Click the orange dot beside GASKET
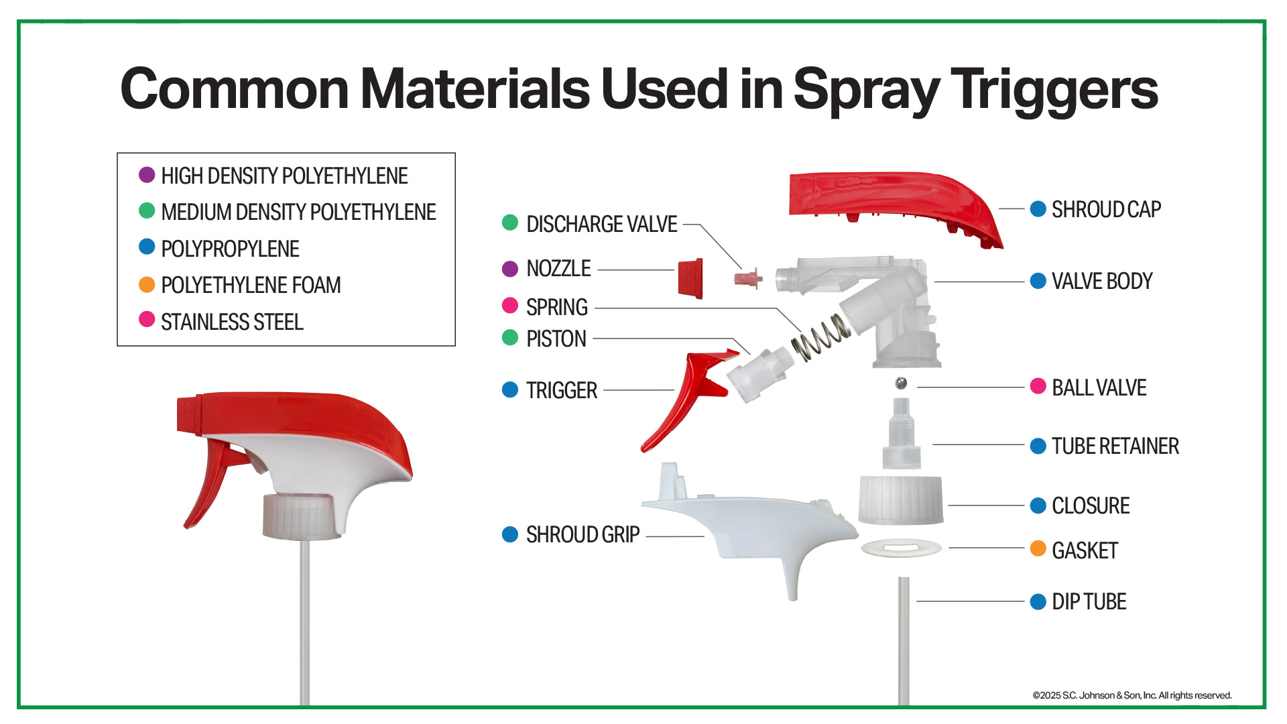(1038, 548)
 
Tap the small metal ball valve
(902, 383)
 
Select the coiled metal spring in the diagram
(821, 337)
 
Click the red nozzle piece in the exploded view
(690, 278)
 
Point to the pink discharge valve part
(748, 278)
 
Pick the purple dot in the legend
(147, 175)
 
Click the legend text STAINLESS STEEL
(232, 322)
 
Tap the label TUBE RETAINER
(1115, 446)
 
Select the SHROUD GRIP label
(583, 535)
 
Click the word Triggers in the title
(1054, 90)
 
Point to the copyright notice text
(1132, 695)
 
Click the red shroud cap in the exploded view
(892, 201)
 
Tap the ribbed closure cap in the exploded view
(901, 500)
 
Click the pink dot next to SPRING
(510, 306)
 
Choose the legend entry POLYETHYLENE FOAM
(251, 285)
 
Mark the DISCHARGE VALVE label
(602, 224)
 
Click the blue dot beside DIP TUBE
(1038, 601)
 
